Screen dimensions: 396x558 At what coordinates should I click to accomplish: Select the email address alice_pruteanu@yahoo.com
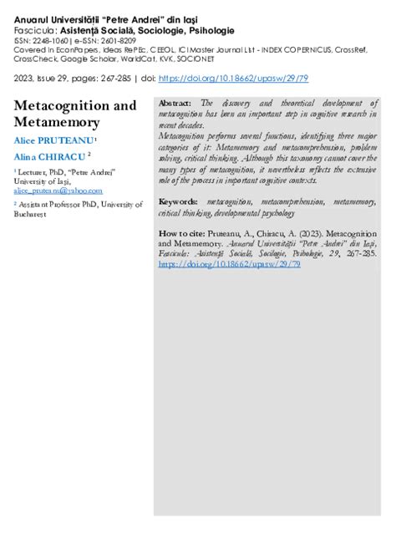(x=52, y=190)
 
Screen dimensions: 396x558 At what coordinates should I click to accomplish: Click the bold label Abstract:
(x=175, y=102)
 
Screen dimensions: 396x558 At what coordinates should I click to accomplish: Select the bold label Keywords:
(x=178, y=202)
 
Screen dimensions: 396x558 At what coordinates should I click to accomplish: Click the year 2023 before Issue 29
(x=26, y=78)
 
